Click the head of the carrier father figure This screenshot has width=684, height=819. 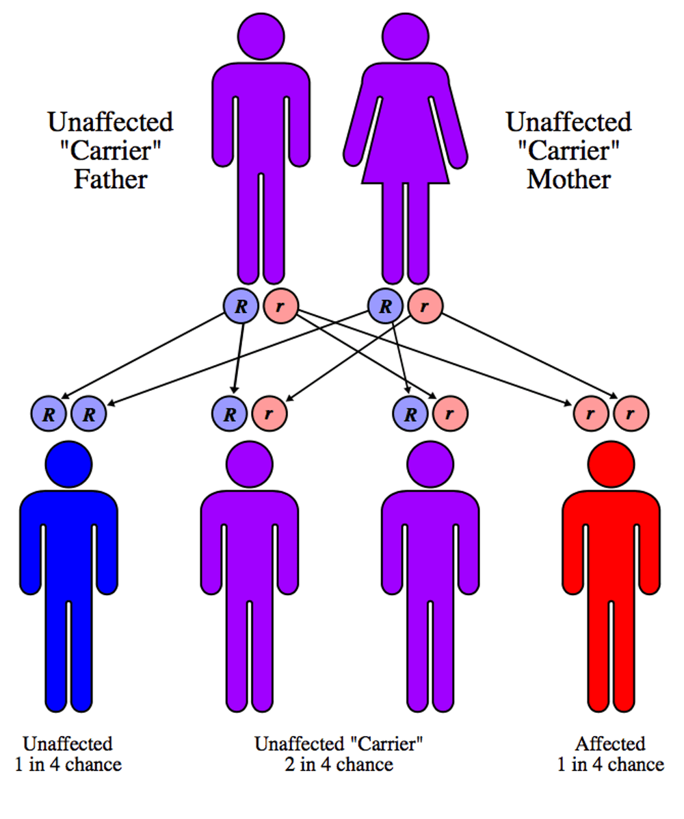[x=261, y=35]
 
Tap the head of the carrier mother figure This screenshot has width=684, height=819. [x=405, y=35]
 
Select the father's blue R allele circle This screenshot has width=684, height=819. [x=241, y=305]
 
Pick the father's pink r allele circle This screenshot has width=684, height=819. [x=280, y=305]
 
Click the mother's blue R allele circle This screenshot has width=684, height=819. [x=385, y=305]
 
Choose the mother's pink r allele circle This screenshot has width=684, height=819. [x=425, y=305]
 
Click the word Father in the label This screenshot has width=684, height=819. [x=110, y=180]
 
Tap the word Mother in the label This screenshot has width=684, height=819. [x=568, y=180]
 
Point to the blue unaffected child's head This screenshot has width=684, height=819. [x=68, y=462]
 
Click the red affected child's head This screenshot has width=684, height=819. [x=610, y=462]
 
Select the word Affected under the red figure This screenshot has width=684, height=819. [x=610, y=744]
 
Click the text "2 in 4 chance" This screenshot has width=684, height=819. [x=339, y=764]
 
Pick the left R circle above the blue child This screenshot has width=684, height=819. [x=49, y=414]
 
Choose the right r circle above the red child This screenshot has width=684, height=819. [x=631, y=414]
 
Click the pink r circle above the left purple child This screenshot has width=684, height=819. [x=269, y=414]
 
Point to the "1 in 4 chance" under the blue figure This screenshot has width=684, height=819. [x=68, y=764]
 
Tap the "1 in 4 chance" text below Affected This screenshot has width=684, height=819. [x=610, y=764]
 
